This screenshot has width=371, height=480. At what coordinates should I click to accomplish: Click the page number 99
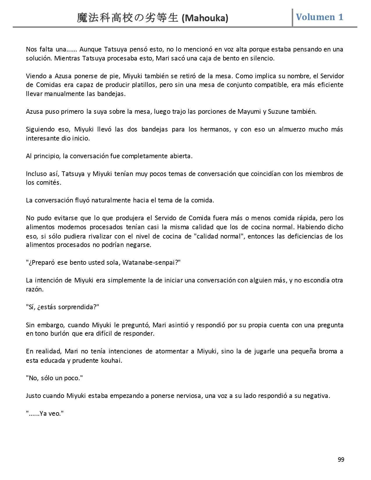341,460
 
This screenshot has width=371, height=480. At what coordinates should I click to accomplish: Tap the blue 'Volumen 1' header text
319,17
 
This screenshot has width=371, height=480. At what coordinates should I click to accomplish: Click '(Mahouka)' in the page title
205,18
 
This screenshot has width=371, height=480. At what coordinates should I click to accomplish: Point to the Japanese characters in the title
127,18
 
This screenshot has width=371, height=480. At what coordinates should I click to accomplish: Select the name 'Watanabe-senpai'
150,262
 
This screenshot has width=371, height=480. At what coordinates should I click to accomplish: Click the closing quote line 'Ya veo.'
45,413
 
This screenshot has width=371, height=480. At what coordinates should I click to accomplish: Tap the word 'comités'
50,183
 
